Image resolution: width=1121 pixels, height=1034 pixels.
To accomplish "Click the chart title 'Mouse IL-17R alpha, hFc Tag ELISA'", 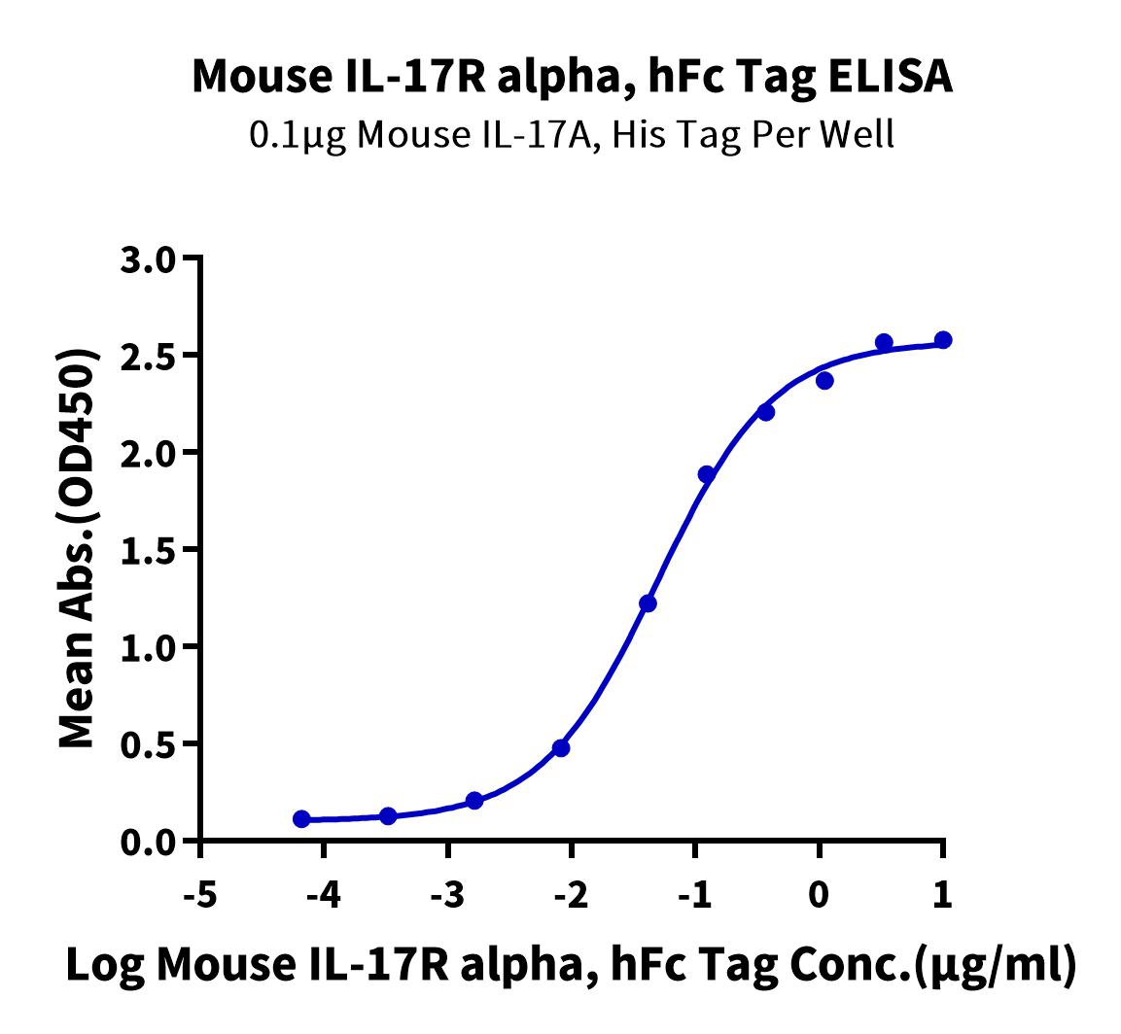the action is click(572, 77).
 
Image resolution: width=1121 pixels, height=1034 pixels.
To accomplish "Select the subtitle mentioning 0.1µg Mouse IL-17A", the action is click(572, 134).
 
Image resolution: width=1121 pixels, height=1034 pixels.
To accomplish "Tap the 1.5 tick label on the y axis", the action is click(148, 551).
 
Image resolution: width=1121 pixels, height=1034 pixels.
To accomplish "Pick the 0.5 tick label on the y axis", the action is click(148, 745).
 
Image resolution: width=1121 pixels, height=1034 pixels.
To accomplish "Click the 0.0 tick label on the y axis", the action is click(148, 843).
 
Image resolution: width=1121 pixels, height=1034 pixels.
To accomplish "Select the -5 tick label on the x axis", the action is click(200, 894).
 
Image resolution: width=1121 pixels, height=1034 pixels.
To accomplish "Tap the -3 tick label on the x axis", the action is click(447, 894).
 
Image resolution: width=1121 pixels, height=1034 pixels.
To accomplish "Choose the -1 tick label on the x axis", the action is click(695, 894).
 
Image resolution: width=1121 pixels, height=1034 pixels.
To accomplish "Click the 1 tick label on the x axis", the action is click(943, 894).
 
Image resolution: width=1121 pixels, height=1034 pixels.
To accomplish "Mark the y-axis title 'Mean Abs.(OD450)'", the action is click(77, 549).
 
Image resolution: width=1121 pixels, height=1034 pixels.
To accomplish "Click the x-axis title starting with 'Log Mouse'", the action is click(571, 966).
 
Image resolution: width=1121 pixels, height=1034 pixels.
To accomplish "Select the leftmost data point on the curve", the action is click(301, 819).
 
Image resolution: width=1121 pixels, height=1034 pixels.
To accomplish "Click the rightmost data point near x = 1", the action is click(943, 339).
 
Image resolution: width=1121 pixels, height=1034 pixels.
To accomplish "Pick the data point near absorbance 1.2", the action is click(648, 603).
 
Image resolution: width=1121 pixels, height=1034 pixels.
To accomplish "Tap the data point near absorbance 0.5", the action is click(561, 748).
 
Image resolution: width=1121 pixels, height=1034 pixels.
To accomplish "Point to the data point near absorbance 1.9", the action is click(707, 474).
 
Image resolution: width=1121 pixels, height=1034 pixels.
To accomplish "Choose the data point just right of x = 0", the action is click(824, 380).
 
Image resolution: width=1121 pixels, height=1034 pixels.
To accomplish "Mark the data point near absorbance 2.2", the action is click(766, 412).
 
